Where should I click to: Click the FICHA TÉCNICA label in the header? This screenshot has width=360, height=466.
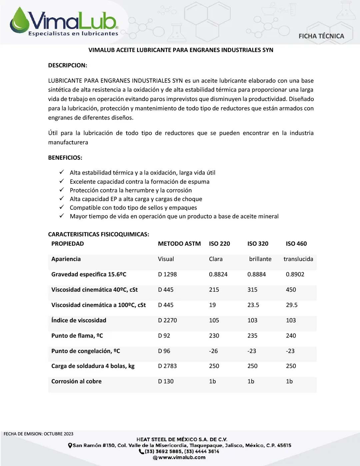coord(321,36)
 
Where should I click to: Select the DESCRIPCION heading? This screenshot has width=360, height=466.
coord(68,65)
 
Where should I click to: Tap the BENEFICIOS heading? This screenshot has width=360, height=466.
coord(65,158)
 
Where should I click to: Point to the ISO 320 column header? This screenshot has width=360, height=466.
coord(258,244)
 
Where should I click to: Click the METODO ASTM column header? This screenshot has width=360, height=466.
coord(179,244)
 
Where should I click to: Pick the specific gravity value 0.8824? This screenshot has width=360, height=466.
coord(218,274)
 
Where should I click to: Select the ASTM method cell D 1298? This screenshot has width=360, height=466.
coord(167,274)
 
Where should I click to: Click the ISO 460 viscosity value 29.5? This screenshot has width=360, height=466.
coord(292,305)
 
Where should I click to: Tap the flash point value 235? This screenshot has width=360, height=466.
coord(252,336)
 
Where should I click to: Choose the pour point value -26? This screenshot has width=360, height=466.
coord(213,351)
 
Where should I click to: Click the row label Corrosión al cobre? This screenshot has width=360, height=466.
coord(76,381)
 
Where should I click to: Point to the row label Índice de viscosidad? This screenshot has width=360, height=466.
coord(79,320)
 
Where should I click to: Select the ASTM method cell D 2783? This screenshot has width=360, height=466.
coord(167,366)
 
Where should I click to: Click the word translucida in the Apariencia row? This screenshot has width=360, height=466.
coord(298,259)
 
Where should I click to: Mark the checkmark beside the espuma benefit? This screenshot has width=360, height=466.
coord(62,181)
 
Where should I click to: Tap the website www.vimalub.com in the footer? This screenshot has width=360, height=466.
coord(182,457)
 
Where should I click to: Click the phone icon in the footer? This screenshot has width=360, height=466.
coord(141,451)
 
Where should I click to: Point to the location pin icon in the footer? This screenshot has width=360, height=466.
coord(70,445)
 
